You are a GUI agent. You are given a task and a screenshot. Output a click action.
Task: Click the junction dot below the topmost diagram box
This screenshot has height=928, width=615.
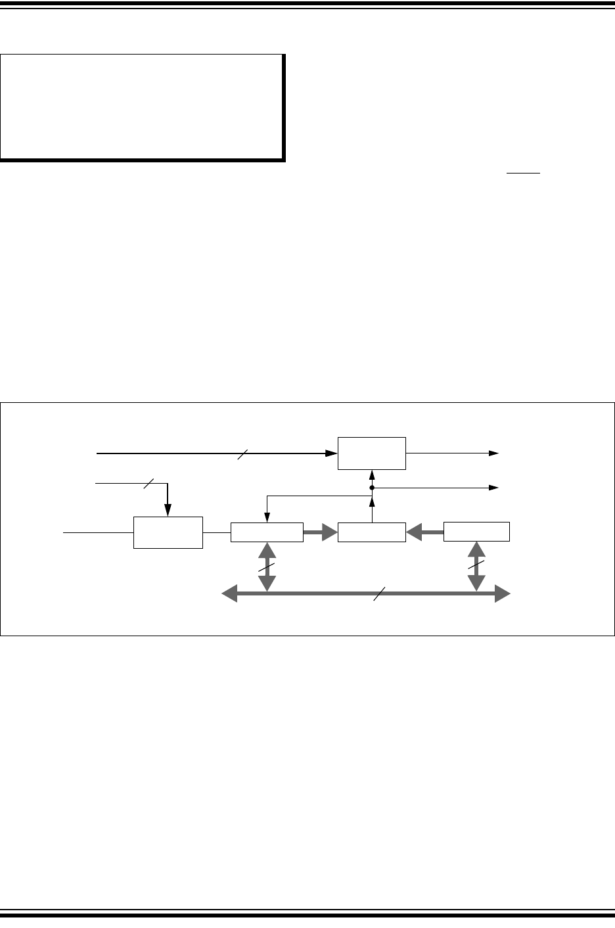tap(372, 488)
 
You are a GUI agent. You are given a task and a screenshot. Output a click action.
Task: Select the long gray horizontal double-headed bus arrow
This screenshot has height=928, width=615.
tap(315, 594)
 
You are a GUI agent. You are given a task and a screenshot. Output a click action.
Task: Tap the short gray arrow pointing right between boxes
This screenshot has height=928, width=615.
tap(320, 532)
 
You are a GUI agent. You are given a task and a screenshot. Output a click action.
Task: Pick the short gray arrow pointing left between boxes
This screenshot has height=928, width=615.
tap(424, 532)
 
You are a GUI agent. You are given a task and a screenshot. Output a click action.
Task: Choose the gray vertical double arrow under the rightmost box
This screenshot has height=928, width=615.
tap(476, 567)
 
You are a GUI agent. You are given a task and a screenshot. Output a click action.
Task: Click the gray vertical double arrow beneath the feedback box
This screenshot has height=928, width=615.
tap(266, 567)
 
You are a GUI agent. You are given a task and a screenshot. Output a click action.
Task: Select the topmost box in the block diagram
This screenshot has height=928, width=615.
tap(372, 453)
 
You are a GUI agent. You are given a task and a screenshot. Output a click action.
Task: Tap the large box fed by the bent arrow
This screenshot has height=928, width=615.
tap(168, 532)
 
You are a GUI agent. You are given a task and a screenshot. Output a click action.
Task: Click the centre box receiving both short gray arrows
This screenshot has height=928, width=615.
tap(372, 532)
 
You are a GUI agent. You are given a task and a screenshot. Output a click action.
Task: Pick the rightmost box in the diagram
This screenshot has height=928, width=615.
tap(476, 532)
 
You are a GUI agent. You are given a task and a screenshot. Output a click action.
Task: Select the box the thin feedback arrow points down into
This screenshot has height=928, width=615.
tap(267, 532)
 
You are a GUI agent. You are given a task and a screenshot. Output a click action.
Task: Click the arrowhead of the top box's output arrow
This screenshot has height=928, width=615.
tap(495, 453)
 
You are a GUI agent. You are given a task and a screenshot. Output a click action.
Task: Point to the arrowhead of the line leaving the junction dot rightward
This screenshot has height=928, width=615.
tap(495, 488)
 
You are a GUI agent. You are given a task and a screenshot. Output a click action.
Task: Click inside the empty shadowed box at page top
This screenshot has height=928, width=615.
tap(142, 106)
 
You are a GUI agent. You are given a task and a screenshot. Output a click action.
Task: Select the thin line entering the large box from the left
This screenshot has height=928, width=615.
tap(98, 532)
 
